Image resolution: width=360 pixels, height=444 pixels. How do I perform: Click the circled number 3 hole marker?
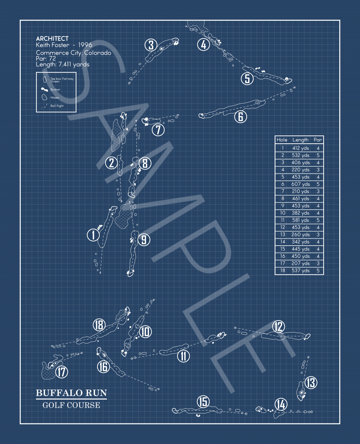pyautogui.click(x=151, y=45)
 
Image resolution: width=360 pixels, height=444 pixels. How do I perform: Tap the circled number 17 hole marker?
pyautogui.click(x=62, y=372)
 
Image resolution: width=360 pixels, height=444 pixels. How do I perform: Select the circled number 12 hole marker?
pyautogui.click(x=278, y=327)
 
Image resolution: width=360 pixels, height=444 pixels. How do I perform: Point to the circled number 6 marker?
pyautogui.click(x=240, y=116)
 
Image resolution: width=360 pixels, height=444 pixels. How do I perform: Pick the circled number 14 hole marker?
pyautogui.click(x=281, y=404)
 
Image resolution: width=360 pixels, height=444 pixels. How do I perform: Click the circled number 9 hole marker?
pyautogui.click(x=144, y=239)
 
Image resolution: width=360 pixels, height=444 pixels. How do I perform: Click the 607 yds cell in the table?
pyautogui.click(x=300, y=184)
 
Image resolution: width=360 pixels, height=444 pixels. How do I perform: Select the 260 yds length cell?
pyautogui.click(x=300, y=234)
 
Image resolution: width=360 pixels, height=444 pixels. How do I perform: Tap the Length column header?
pyautogui.click(x=300, y=140)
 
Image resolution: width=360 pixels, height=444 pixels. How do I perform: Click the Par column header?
pyautogui.click(x=318, y=140)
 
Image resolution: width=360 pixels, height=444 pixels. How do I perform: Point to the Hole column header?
pyautogui.click(x=282, y=140)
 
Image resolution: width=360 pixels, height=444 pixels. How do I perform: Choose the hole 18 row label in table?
pyautogui.click(x=283, y=270)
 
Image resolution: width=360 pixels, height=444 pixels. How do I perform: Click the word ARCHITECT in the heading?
pyautogui.click(x=52, y=39)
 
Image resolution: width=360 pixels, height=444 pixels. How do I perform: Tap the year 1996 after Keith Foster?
pyautogui.click(x=85, y=45)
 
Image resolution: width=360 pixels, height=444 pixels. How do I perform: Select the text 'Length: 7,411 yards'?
pyautogui.click(x=63, y=64)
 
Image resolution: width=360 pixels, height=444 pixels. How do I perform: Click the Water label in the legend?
pyautogui.click(x=55, y=98)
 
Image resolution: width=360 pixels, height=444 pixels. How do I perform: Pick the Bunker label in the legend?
pyautogui.click(x=55, y=89)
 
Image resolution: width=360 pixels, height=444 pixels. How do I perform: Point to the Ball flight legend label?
pyautogui.click(x=57, y=106)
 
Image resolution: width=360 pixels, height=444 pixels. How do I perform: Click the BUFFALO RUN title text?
pyautogui.click(x=71, y=393)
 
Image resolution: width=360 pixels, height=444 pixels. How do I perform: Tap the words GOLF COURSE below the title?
pyautogui.click(x=71, y=405)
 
